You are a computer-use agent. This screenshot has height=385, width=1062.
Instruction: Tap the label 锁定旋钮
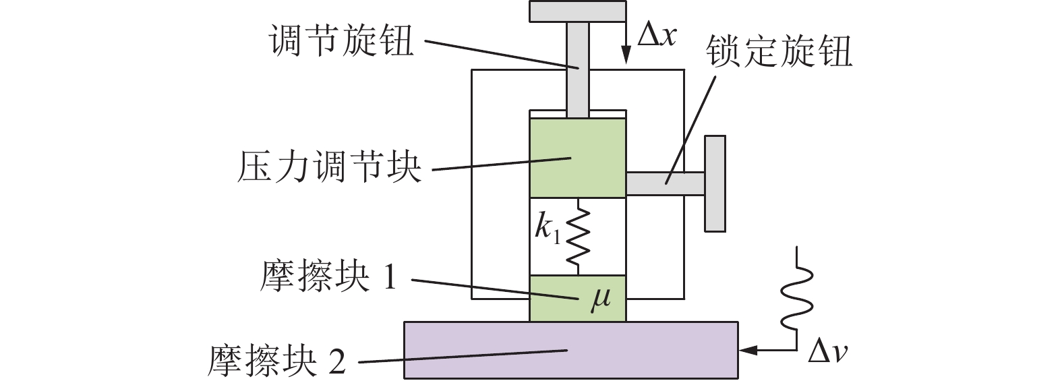(x=779, y=52)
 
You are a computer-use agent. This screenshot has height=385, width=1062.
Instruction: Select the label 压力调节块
(x=328, y=167)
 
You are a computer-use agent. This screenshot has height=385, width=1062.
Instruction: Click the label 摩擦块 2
(x=277, y=361)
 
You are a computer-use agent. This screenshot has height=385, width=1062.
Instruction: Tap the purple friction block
(x=570, y=349)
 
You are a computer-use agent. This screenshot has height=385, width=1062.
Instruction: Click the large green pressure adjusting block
(x=577, y=157)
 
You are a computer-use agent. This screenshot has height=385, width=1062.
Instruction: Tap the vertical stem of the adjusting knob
(x=577, y=67)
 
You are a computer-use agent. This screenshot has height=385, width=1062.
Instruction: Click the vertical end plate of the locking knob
(x=715, y=183)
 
